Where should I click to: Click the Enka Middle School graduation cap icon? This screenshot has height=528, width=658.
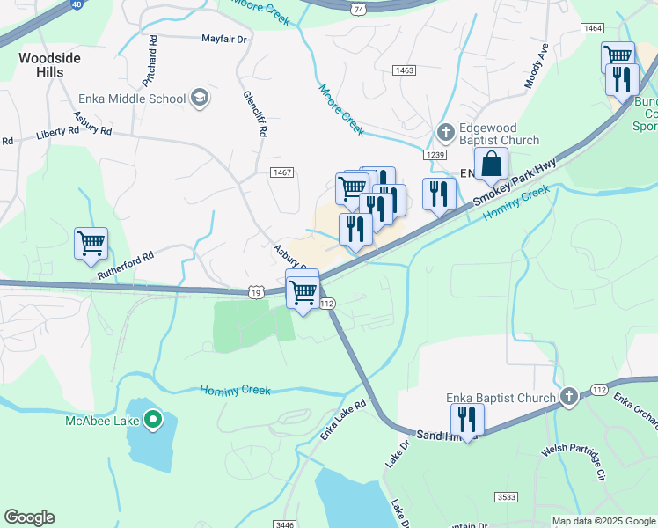(x=200, y=98)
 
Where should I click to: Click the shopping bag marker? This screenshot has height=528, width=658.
(x=491, y=165)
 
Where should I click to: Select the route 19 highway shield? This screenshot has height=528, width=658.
(x=256, y=291)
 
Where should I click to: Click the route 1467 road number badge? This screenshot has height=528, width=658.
(x=281, y=173)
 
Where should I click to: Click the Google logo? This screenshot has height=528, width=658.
(x=29, y=517)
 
